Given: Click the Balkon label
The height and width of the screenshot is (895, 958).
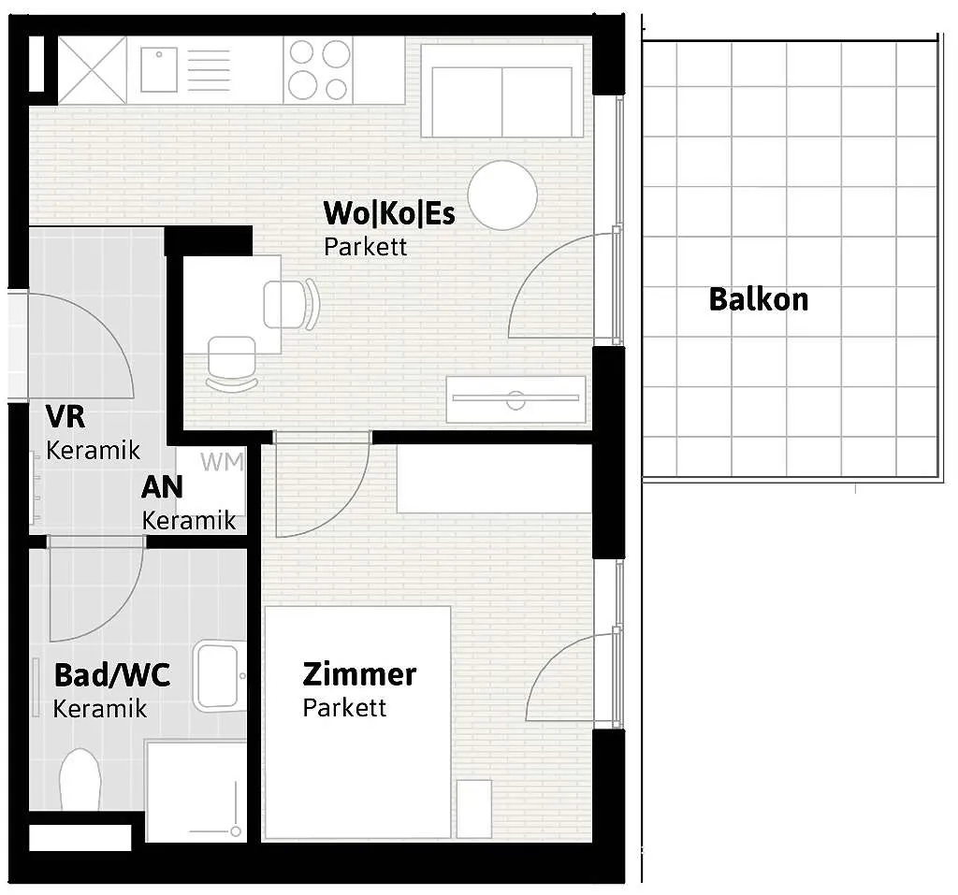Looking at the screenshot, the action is pyautogui.click(x=758, y=299).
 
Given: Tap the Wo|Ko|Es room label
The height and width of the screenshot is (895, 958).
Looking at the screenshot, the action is pyautogui.click(x=389, y=213).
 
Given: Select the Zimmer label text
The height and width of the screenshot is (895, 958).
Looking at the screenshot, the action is pyautogui.click(x=359, y=674).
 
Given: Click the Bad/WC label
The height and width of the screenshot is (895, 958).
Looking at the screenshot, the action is pyautogui.click(x=112, y=675).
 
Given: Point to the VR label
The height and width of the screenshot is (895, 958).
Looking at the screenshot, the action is pyautogui.click(x=65, y=417).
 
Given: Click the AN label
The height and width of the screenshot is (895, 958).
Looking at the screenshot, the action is pyautogui.click(x=162, y=487).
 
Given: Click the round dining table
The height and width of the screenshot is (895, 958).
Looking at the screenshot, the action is pyautogui.click(x=502, y=195).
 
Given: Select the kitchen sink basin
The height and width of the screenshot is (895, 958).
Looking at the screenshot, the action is pyautogui.click(x=159, y=69).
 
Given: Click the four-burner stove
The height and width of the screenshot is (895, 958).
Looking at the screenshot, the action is pyautogui.click(x=318, y=69).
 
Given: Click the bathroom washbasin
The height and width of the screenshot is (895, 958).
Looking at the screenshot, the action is pyautogui.click(x=220, y=675).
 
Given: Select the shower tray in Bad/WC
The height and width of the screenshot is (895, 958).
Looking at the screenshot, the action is pyautogui.click(x=196, y=792).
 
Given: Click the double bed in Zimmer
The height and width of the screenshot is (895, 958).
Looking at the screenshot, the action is pyautogui.click(x=358, y=722).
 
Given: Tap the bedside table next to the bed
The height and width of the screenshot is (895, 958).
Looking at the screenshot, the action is pyautogui.click(x=474, y=809).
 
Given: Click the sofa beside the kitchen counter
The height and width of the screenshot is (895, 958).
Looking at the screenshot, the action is pyautogui.click(x=501, y=91).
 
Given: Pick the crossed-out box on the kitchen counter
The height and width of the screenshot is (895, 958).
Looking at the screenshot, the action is pyautogui.click(x=93, y=69).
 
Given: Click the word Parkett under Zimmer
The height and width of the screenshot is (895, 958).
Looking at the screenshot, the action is pyautogui.click(x=344, y=707).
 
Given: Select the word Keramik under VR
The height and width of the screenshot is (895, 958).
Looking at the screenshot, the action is pyautogui.click(x=93, y=451).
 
